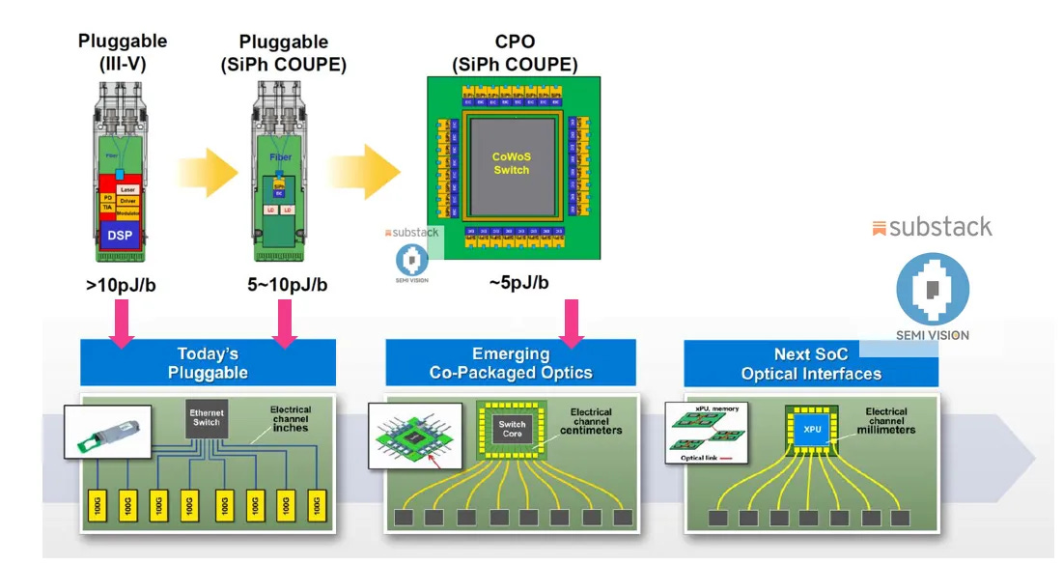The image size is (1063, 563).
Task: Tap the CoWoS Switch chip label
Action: [511, 163]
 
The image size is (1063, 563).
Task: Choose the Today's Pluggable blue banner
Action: [208, 363]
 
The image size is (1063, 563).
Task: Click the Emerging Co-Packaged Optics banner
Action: [511, 363]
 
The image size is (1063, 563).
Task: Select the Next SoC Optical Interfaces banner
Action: [811, 363]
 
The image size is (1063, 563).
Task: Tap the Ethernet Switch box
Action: [206, 417]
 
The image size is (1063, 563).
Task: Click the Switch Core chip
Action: [511, 427]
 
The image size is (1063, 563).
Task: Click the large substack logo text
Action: [931, 228]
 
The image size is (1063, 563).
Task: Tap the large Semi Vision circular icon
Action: [933, 290]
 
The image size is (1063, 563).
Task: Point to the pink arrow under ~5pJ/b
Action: [571, 322]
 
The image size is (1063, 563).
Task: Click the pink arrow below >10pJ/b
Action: [122, 322]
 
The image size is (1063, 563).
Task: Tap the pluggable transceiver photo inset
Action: [106, 432]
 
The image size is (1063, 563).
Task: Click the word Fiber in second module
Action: [280, 156]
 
